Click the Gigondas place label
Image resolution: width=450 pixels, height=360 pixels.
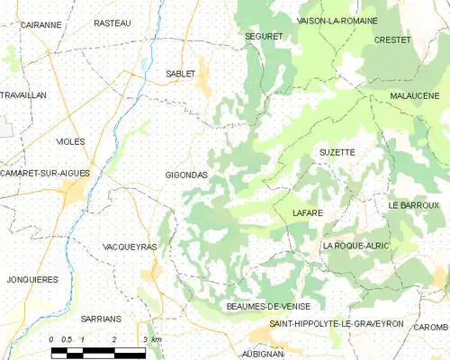186,175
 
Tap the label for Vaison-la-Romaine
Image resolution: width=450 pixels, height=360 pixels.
337,21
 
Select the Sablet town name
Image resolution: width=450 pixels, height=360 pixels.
180,74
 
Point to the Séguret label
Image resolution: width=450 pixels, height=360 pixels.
264,36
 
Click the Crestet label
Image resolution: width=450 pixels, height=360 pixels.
391,40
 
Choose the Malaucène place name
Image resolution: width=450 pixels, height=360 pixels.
415,95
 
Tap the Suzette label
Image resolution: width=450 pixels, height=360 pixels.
337,153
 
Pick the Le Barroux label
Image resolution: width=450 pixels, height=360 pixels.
413,206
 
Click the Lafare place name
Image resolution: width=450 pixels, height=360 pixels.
308,212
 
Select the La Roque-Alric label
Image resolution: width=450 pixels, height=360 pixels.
353,246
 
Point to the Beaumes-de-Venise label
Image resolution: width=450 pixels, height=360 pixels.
267,306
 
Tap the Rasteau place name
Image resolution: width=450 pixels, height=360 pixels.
112,22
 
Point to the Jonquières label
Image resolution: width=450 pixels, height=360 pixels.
30,280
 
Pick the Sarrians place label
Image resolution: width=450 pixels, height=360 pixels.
100,319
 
